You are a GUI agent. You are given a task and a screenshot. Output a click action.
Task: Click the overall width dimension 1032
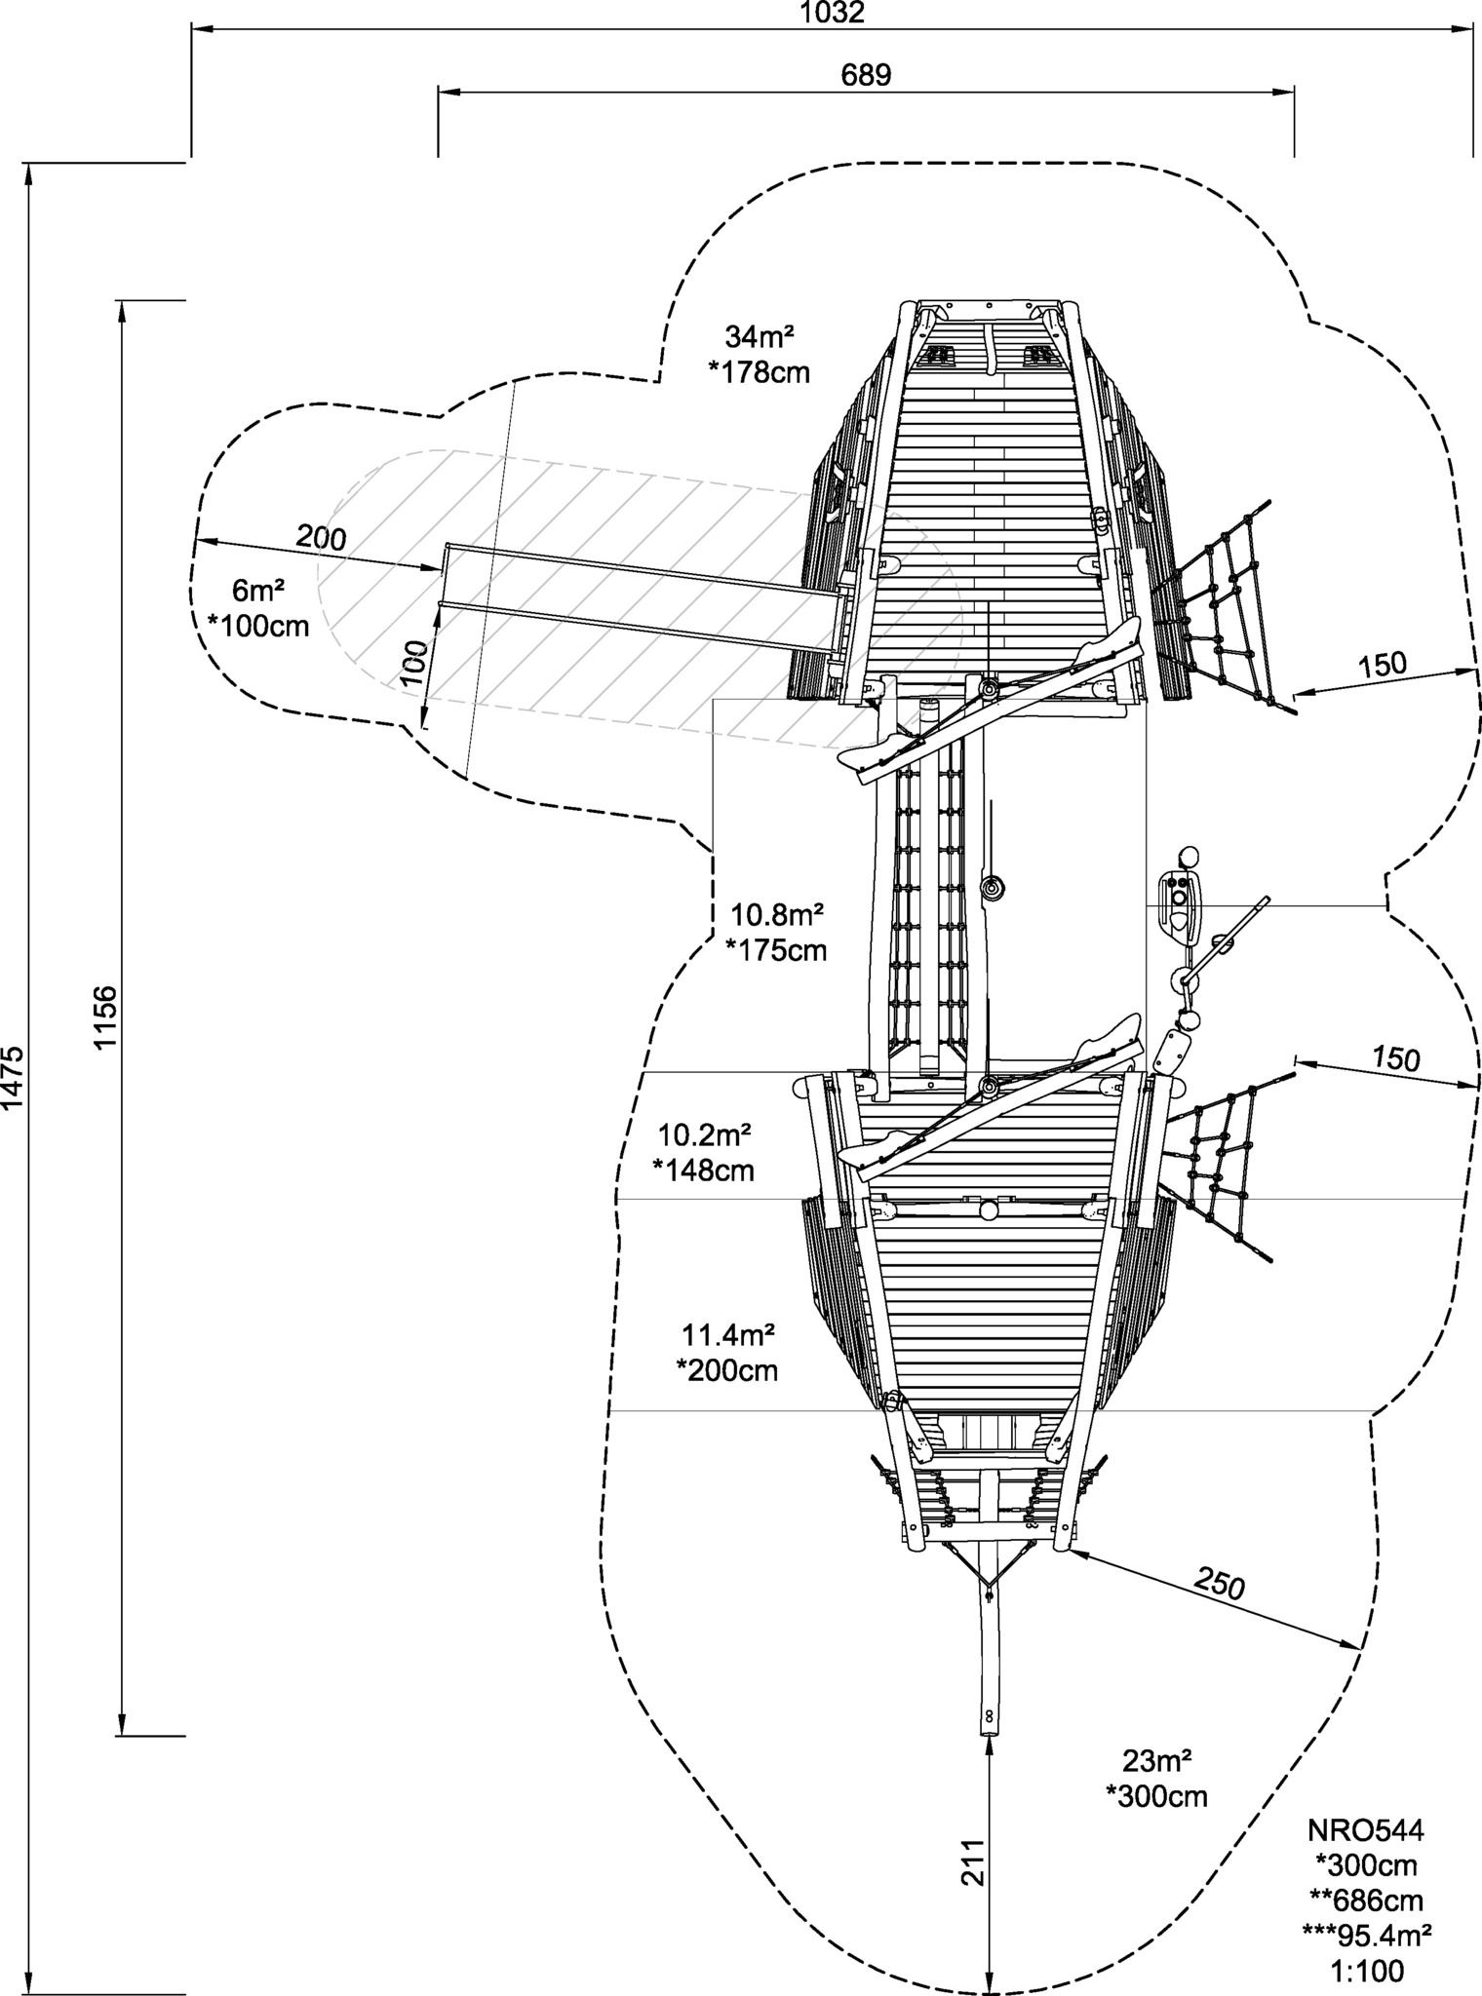click(832, 13)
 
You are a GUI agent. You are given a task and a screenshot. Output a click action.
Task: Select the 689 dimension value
click(866, 75)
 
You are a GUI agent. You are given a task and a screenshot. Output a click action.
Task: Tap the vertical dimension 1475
click(15, 1078)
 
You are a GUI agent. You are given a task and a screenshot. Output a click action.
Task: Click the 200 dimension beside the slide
click(321, 537)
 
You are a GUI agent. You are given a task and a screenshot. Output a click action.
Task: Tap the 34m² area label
click(759, 337)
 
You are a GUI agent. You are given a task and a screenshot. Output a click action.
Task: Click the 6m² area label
click(258, 591)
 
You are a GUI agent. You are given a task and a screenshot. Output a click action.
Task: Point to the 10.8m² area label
click(777, 914)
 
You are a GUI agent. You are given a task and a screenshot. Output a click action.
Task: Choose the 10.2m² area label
click(704, 1135)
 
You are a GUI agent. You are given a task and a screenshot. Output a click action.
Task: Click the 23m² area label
click(1156, 1761)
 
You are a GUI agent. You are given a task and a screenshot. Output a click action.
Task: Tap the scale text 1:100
click(1367, 1973)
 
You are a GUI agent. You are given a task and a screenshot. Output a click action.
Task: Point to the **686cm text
click(1366, 1901)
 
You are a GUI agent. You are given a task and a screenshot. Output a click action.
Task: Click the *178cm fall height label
click(759, 372)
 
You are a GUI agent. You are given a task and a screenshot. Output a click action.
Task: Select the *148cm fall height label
click(703, 1170)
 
